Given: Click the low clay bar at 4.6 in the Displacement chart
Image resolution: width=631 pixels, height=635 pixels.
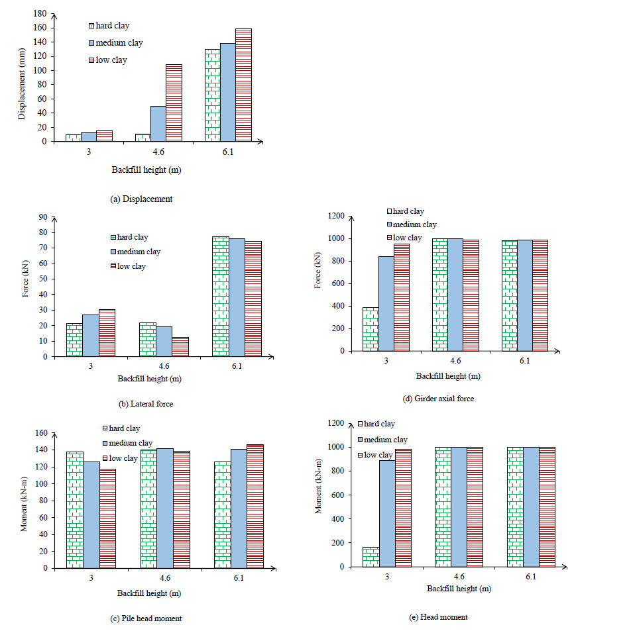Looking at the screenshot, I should tap(173, 103).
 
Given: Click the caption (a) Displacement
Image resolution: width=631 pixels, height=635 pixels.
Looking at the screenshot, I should tap(141, 199).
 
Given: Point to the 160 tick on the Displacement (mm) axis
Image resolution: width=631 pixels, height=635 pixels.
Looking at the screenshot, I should tap(41, 28).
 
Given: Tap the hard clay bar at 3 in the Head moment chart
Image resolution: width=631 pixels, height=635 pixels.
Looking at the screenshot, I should tap(370, 556).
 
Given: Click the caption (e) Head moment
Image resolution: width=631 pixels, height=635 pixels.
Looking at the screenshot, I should tap(439, 616).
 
